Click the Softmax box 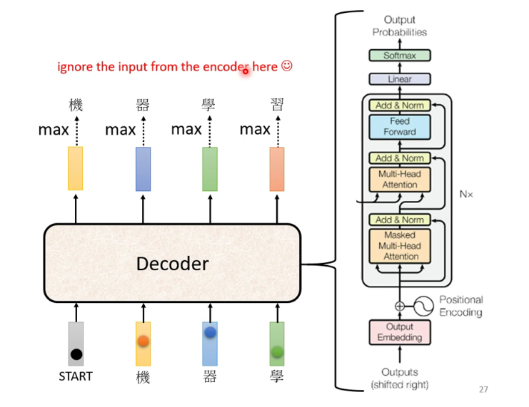400,56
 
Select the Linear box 400,79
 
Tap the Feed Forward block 400,127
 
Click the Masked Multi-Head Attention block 400,245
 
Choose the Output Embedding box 400,332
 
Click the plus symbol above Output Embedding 400,306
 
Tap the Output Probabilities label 400,26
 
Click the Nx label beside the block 466,193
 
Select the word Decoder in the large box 173,264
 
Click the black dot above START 76,354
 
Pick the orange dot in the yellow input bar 143,341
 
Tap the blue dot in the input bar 210,333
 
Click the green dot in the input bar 277,351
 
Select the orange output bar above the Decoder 277,169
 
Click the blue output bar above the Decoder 143,169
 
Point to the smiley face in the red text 287,66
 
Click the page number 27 483,390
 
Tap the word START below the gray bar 76,376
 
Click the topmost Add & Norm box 400,105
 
